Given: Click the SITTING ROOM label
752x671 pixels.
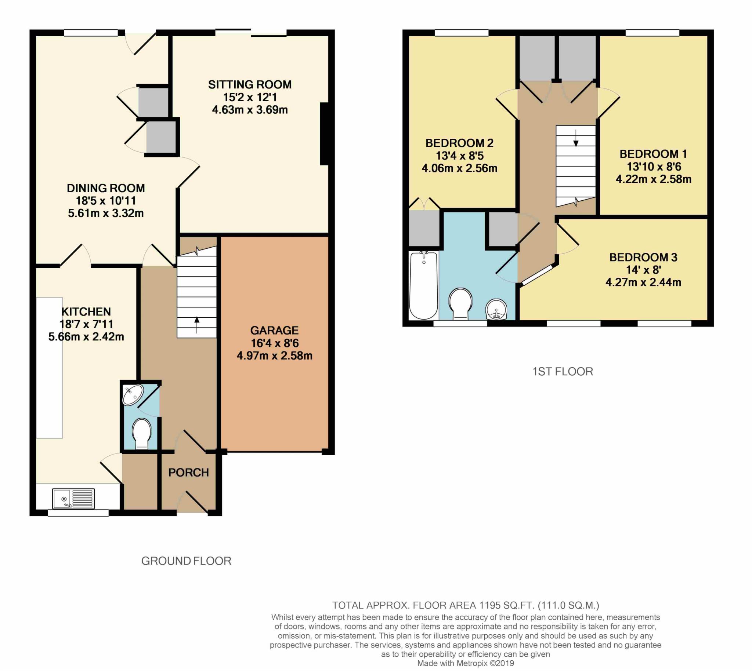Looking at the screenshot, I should click(x=249, y=84).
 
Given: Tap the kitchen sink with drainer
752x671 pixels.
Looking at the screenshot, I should click(x=73, y=499).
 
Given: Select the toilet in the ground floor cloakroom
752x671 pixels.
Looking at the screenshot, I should click(x=142, y=433).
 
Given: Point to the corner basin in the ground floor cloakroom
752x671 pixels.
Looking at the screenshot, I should click(x=133, y=394).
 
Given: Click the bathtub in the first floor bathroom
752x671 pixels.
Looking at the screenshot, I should click(x=424, y=285).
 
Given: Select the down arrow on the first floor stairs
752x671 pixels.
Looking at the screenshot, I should click(x=576, y=138).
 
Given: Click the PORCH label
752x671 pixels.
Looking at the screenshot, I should click(x=189, y=473).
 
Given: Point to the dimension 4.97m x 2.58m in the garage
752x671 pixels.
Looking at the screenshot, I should click(x=274, y=356).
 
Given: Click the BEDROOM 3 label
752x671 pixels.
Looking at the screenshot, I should click(x=643, y=257).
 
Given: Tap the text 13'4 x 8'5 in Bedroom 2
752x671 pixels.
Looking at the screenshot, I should click(x=459, y=156).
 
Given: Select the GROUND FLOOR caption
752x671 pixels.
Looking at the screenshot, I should click(x=186, y=561).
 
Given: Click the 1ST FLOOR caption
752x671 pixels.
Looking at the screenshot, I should click(x=563, y=372).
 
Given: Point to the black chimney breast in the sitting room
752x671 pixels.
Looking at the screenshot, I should click(x=324, y=134).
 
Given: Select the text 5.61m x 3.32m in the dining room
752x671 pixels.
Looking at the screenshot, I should click(x=105, y=213).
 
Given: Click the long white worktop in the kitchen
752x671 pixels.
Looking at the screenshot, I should click(x=49, y=368).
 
